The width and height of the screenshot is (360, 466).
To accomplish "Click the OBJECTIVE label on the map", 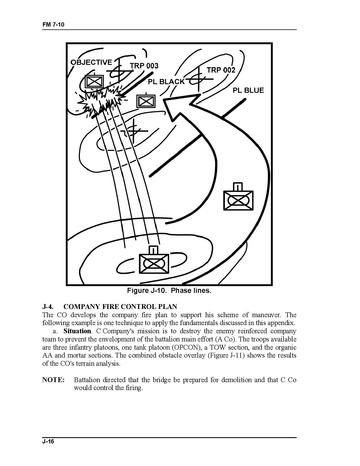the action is tap(91, 62).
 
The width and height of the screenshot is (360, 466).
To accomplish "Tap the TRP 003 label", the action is tap(144, 65).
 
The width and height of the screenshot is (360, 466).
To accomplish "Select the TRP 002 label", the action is tap(221, 70).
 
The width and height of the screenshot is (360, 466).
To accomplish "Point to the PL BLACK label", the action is tap(166, 82).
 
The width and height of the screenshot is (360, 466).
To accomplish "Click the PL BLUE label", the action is tap(248, 90).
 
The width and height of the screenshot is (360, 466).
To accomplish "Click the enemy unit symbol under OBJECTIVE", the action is tap(94, 81).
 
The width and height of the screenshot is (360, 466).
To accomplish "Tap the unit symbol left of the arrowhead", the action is tap(146, 100).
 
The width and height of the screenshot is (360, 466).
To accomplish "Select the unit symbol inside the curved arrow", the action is tap(238, 197).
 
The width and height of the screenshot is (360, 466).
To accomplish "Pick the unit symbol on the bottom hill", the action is tap(153, 260).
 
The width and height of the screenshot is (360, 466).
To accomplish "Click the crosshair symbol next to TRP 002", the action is tap(198, 80).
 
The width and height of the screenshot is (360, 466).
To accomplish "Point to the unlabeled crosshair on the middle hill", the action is tap(134, 131).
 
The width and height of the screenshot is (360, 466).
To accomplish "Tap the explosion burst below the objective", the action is tap(100, 101).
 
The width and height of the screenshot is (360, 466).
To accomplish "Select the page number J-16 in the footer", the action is tap(48, 442).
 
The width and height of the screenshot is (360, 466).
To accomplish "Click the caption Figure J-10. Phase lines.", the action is tap(169, 290).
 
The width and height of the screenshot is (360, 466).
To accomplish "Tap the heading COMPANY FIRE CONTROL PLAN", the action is tap(120, 306).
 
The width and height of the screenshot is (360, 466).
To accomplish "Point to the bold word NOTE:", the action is tap(53, 380).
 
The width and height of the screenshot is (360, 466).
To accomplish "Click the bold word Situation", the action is tap(77, 331).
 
